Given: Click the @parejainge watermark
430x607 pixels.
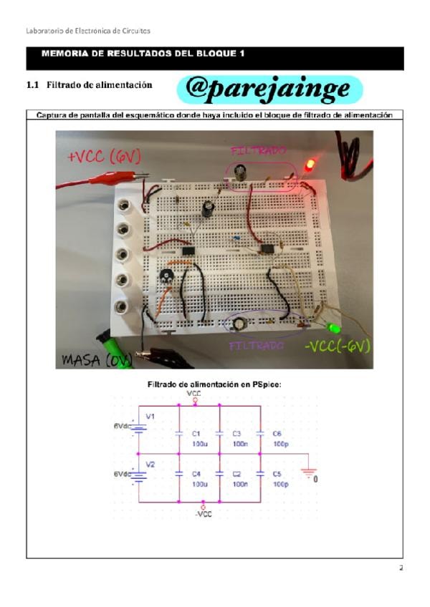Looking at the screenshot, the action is (267, 89).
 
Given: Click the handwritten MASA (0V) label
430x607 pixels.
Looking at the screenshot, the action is (94, 360).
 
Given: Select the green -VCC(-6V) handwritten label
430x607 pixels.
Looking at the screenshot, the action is (337, 346).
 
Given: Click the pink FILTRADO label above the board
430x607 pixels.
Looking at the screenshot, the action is (259, 151).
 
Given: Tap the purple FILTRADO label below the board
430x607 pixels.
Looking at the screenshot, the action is (257, 346).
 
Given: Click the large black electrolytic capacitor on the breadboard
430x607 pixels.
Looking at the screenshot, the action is (209, 209).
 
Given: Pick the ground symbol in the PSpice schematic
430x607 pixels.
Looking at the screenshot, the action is (307, 472).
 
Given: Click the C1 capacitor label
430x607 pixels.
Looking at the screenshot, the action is (198, 434).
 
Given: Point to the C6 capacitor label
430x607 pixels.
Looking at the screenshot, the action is (279, 434).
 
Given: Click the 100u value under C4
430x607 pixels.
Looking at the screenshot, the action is (199, 485).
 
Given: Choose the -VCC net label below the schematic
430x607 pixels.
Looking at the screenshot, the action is (204, 513).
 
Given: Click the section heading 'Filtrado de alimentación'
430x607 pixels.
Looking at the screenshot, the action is (99, 84).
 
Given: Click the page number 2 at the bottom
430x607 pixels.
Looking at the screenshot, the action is (401, 568).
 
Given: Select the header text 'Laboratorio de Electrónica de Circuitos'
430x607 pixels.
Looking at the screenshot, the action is (87, 30).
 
